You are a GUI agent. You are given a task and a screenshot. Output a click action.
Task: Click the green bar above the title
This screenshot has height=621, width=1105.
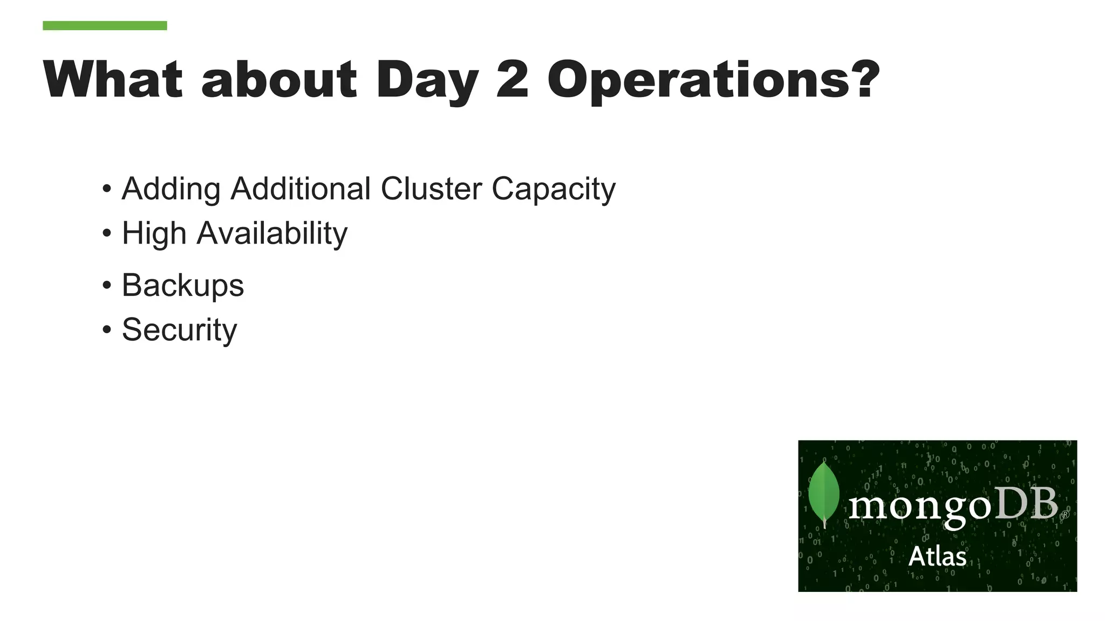click(105, 25)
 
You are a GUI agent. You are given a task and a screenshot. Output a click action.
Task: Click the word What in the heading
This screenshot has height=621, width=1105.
click(113, 79)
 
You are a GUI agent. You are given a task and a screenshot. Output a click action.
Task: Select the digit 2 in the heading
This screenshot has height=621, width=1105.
click(512, 79)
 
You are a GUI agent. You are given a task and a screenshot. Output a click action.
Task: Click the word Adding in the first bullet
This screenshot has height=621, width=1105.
click(171, 190)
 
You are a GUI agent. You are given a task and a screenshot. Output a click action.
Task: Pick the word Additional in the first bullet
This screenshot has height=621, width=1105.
click(301, 189)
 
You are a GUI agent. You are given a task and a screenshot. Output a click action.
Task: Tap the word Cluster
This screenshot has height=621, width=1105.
click(431, 189)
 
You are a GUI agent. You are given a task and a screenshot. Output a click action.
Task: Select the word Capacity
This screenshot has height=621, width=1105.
click(554, 190)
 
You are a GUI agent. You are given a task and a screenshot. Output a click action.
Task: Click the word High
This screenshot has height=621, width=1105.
click(154, 234)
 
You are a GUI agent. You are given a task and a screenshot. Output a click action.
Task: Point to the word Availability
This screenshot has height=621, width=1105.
click(272, 234)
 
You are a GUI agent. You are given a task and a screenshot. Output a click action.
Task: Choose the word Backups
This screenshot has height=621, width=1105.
click(183, 286)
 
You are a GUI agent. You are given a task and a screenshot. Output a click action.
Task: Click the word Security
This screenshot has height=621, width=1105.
click(179, 330)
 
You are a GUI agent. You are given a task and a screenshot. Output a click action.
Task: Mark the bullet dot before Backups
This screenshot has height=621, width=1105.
click(107, 285)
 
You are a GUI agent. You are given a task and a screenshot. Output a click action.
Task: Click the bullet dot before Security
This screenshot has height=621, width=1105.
click(107, 329)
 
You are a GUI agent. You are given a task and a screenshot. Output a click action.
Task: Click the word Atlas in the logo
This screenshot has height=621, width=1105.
click(937, 556)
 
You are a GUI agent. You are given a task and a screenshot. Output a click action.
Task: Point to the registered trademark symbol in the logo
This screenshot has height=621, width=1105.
click(1065, 515)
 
